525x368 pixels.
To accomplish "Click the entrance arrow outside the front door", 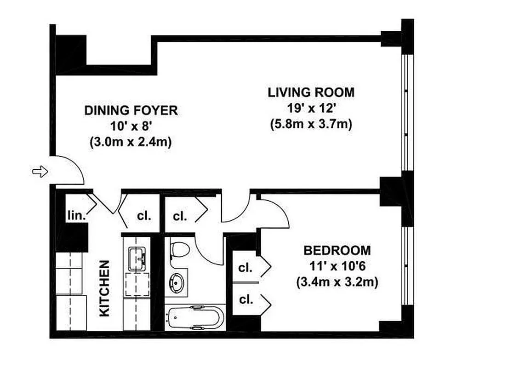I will [40, 172].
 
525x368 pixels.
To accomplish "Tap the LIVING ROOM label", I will [311, 92].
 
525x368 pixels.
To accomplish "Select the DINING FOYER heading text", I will [131, 110].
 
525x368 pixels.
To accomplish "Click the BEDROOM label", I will [337, 251].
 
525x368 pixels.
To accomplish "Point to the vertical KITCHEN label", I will [105, 288].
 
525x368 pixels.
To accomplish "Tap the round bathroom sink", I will [177, 281].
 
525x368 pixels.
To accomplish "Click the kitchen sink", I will [137, 258].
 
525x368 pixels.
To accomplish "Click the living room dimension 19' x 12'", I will [311, 109].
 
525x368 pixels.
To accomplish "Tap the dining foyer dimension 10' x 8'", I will [131, 126].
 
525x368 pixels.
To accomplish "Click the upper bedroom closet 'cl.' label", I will [246, 267].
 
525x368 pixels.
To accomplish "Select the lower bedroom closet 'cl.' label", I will [246, 300].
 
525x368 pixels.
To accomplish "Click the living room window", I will [405, 115].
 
